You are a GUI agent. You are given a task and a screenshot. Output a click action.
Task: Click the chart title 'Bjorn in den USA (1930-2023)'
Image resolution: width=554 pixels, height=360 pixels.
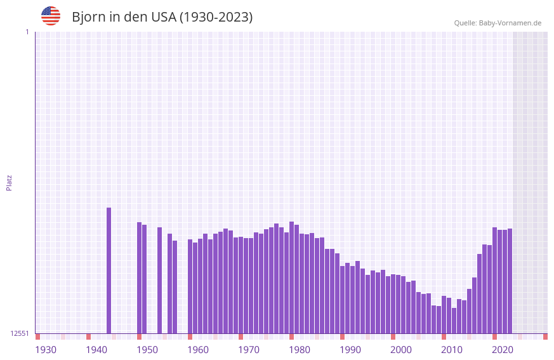pyautogui.click(x=162, y=17)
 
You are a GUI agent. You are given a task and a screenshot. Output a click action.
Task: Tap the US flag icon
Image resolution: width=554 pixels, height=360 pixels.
pyautogui.click(x=51, y=16)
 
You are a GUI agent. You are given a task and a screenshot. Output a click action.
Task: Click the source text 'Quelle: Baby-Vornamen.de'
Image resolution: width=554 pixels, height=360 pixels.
pyautogui.click(x=498, y=23)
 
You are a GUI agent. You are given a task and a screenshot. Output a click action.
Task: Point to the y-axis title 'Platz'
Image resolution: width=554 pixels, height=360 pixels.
pyautogui.click(x=9, y=182)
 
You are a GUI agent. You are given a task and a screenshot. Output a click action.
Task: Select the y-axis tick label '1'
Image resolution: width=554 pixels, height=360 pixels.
pyautogui.click(x=27, y=32)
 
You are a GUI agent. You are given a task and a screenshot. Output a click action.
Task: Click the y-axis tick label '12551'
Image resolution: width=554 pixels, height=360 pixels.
pyautogui.click(x=20, y=333)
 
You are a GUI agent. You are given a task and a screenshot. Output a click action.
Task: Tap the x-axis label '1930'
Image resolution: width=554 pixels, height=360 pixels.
pyautogui.click(x=46, y=350)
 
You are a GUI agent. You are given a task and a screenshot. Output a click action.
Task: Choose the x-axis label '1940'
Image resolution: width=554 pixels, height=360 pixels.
pyautogui.click(x=96, y=350)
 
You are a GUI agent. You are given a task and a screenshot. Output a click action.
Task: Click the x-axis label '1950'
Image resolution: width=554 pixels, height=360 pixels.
pyautogui.click(x=147, y=350)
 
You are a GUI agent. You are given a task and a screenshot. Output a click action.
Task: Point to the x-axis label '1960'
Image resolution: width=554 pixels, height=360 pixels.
pyautogui.click(x=198, y=350)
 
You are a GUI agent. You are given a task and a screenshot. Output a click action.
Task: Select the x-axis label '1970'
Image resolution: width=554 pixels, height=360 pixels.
pyautogui.click(x=249, y=350)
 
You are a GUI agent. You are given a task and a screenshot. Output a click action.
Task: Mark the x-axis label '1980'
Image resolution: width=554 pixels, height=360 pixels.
pyautogui.click(x=300, y=350)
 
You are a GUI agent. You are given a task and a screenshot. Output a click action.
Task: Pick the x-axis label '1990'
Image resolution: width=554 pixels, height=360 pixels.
pyautogui.click(x=350, y=350)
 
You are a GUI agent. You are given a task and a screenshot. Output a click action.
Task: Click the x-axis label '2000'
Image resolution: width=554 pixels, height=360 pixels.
pyautogui.click(x=401, y=350)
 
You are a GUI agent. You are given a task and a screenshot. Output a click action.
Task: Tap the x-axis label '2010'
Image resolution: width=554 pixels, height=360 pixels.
pyautogui.click(x=452, y=350)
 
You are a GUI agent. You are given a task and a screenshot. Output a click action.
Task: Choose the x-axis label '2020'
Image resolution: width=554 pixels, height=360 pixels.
pyautogui.click(x=503, y=350)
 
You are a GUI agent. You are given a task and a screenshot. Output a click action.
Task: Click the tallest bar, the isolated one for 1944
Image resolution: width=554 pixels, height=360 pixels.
pyautogui.click(x=109, y=270)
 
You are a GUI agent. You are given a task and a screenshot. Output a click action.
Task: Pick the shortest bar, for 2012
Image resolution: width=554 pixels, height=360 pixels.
pyautogui.click(x=454, y=321)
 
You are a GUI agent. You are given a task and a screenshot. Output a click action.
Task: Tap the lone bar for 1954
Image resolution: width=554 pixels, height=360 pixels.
pyautogui.click(x=159, y=280)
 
